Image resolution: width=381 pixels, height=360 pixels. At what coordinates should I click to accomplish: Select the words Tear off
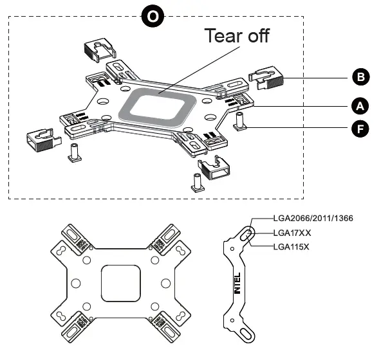tap(236, 35)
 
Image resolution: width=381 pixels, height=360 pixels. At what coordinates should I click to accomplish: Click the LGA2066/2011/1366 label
tap(312, 219)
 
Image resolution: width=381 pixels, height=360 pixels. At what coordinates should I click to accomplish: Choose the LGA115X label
tap(292, 247)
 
